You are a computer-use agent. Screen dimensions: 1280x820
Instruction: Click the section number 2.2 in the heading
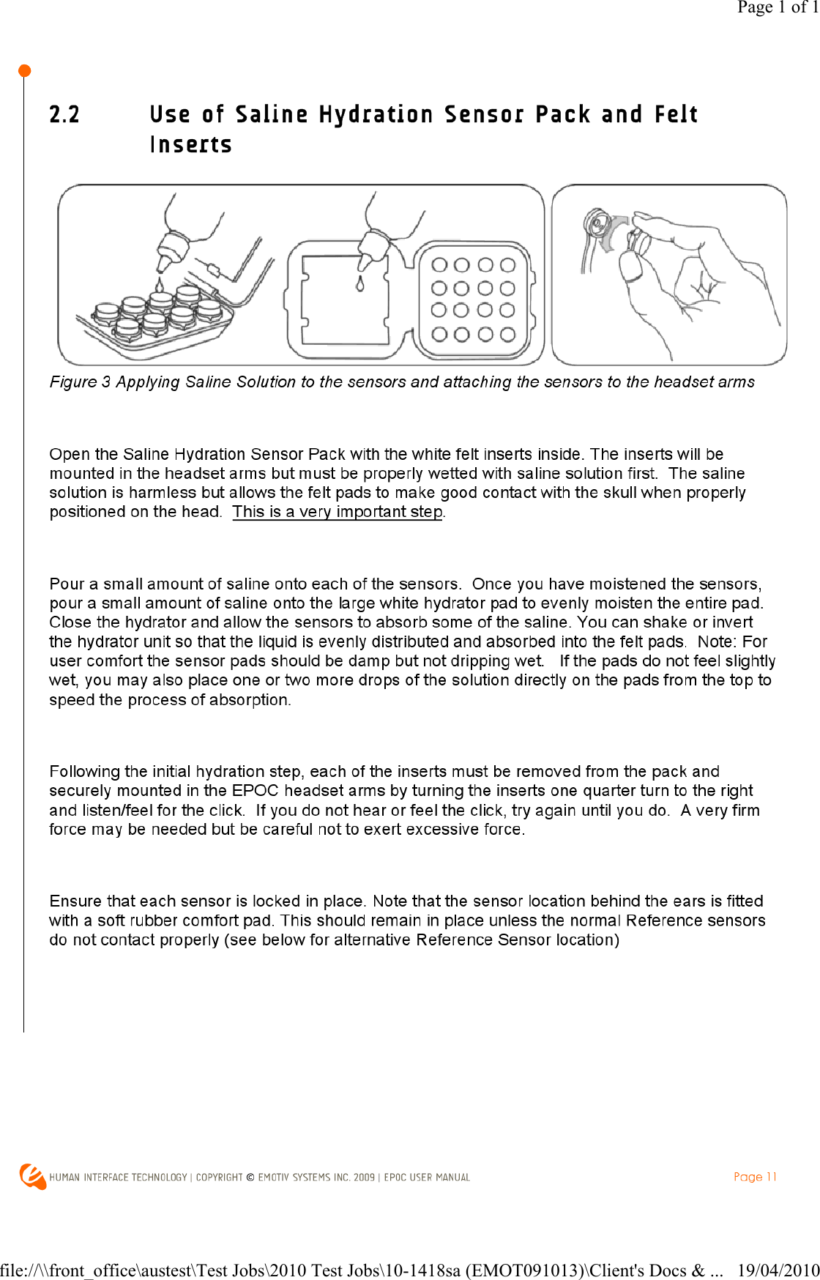click(64, 115)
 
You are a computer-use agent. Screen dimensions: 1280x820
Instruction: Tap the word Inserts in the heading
click(191, 145)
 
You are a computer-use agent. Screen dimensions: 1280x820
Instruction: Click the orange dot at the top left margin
click(24, 71)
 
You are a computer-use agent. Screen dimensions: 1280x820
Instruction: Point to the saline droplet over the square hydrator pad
click(359, 284)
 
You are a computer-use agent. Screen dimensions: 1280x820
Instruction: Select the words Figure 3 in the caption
click(80, 382)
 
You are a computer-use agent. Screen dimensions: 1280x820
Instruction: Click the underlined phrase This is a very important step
click(338, 512)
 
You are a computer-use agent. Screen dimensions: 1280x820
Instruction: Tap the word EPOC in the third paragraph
click(255, 791)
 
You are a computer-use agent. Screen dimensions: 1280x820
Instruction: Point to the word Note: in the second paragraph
click(717, 642)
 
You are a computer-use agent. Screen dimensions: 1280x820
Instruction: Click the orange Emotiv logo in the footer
click(33, 1177)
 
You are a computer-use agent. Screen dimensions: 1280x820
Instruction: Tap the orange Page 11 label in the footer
click(755, 1177)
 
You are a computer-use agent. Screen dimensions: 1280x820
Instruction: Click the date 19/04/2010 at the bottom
click(778, 1270)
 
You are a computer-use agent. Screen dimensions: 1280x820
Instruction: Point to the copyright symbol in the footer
click(250, 1177)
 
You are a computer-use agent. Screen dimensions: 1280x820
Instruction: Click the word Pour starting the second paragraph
click(67, 584)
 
